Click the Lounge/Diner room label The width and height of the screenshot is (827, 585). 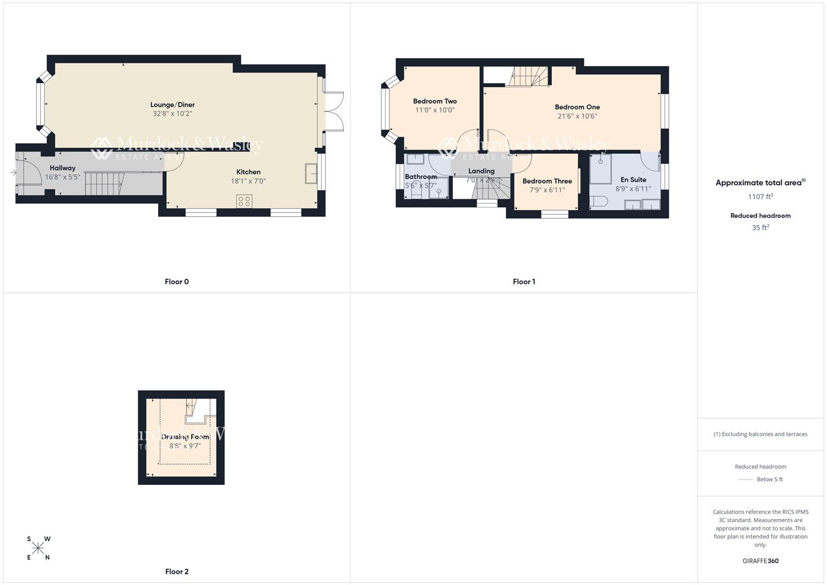click(x=172, y=105)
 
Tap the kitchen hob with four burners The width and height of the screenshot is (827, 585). click(x=244, y=201)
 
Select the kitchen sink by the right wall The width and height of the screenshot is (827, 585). click(x=311, y=174)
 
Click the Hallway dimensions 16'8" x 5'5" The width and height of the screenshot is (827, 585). click(x=62, y=177)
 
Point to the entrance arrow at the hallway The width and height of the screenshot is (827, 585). click(x=13, y=173)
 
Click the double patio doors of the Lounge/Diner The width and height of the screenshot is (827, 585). click(x=335, y=111)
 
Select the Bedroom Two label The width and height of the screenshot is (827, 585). click(x=434, y=101)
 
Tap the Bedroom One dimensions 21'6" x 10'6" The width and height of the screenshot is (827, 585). click(x=577, y=116)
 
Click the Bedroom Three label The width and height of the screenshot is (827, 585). click(x=547, y=181)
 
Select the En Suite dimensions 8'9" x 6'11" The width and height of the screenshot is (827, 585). click(x=633, y=189)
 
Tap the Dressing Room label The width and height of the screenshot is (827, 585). click(x=185, y=437)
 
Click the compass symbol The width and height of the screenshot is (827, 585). click(x=38, y=548)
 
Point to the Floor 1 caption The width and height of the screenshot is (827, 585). click(x=524, y=282)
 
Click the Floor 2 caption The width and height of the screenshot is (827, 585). click(x=177, y=571)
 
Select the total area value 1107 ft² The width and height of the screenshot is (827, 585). click(x=760, y=197)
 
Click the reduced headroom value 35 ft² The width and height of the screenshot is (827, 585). click(x=760, y=227)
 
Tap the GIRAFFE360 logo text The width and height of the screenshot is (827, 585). click(x=760, y=561)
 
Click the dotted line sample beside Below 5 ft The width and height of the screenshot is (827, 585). click(x=745, y=479)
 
